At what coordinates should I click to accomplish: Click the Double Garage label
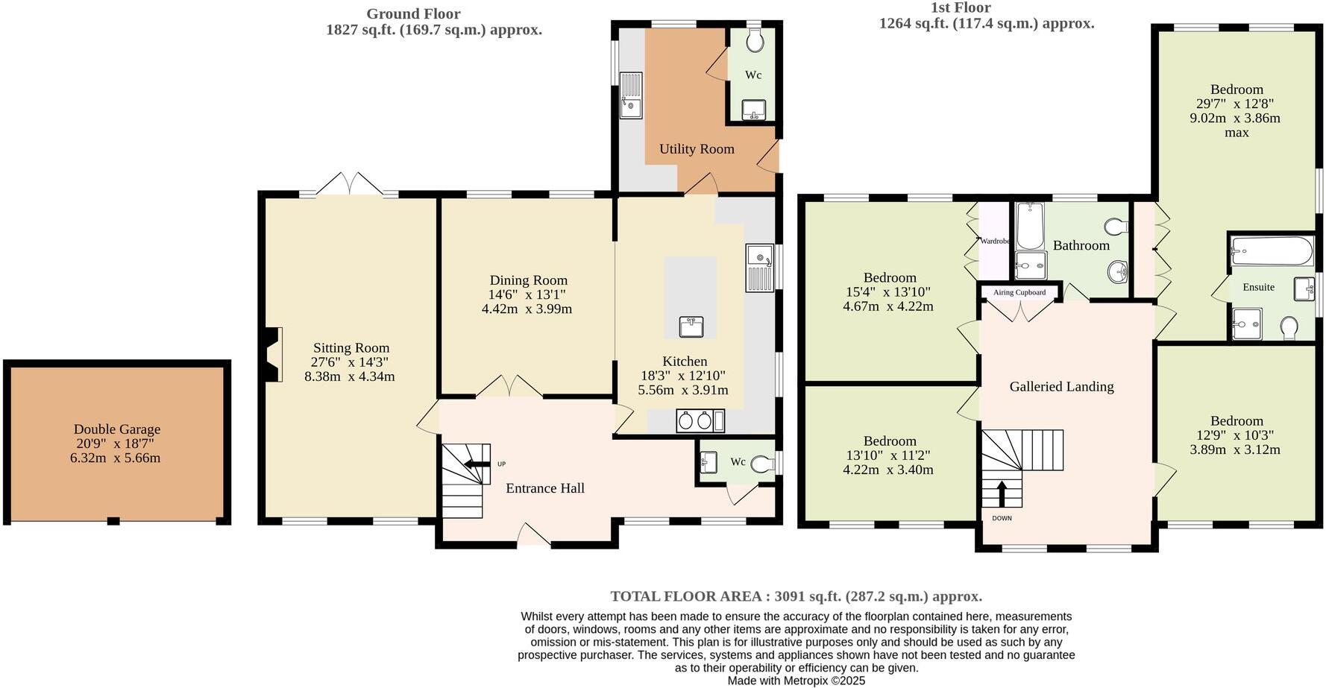117,429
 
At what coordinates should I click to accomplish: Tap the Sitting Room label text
351,348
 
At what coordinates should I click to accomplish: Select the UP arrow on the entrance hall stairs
472,464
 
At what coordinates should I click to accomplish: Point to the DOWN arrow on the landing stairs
1002,493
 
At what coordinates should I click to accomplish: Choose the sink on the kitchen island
691,326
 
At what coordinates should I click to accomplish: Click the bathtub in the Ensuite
1271,251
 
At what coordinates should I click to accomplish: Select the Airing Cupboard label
1019,292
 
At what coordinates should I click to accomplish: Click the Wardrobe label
994,241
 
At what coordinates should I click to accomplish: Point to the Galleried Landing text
1061,386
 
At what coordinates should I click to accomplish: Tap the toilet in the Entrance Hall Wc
761,464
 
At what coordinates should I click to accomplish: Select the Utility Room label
697,149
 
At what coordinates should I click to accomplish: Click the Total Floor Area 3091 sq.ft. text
796,596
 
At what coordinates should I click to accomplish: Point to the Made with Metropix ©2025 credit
796,681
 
